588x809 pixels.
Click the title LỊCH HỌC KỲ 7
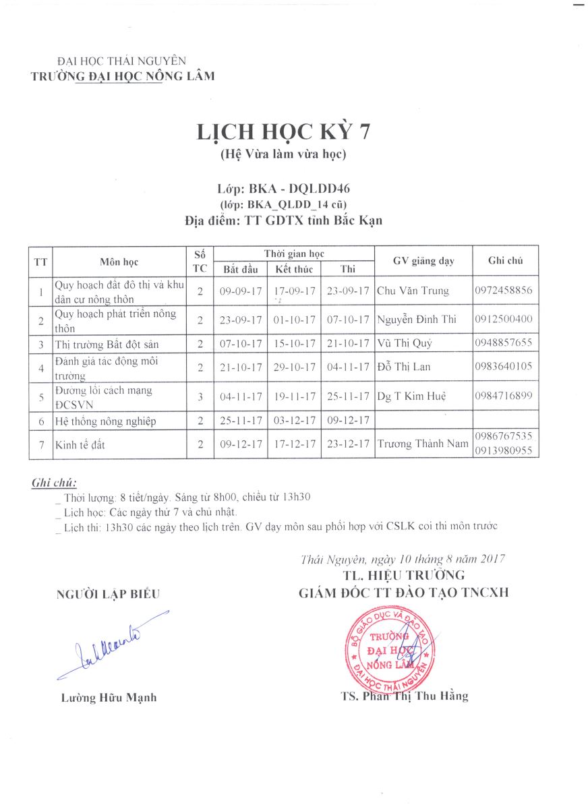pyautogui.click(x=283, y=131)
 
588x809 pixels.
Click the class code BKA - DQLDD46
pyautogui.click(x=283, y=189)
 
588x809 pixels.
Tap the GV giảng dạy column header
pyautogui.click(x=423, y=262)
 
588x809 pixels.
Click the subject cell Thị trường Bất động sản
pyautogui.click(x=107, y=344)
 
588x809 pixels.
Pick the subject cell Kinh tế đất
pyautogui.click(x=80, y=445)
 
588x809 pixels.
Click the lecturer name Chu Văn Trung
pyautogui.click(x=412, y=291)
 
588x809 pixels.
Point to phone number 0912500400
pyautogui.click(x=504, y=319)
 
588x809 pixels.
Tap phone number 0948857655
pyautogui.click(x=504, y=342)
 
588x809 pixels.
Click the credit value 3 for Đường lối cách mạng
pyautogui.click(x=200, y=397)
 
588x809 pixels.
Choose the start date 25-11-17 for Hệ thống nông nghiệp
pyautogui.click(x=241, y=421)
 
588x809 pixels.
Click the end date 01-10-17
pyautogui.click(x=294, y=319)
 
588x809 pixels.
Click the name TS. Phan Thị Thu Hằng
pyautogui.click(x=405, y=696)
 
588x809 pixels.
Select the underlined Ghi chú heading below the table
pyautogui.click(x=54, y=483)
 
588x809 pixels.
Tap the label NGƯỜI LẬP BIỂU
pyautogui.click(x=108, y=594)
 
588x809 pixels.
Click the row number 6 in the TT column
pyautogui.click(x=40, y=421)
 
